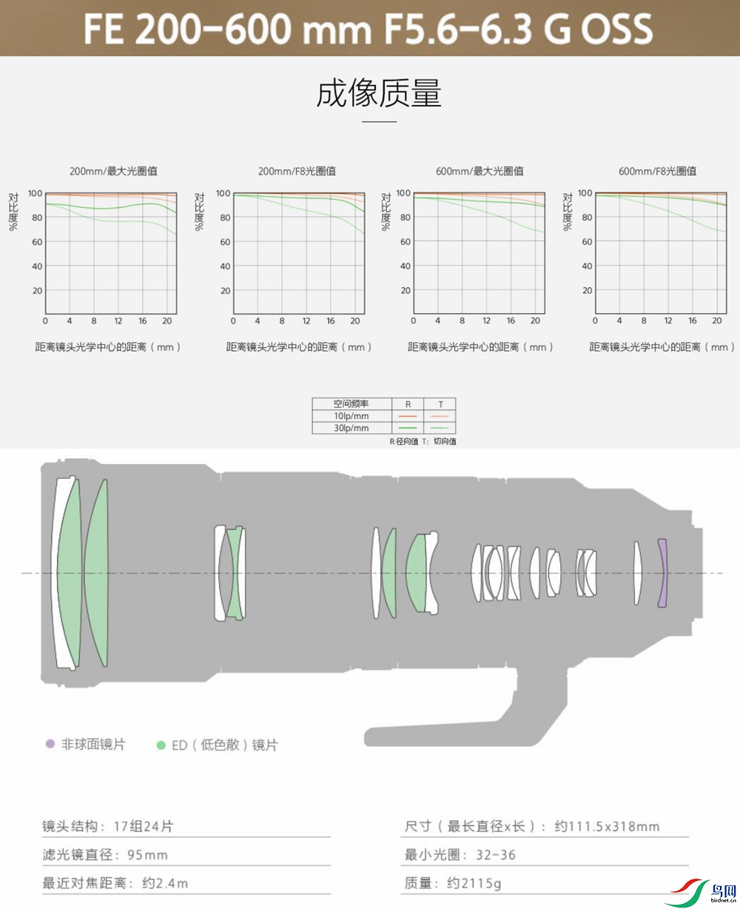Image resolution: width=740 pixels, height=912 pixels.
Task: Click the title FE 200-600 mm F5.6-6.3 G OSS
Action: point(369,29)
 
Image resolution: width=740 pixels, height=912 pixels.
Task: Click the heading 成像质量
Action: point(379,94)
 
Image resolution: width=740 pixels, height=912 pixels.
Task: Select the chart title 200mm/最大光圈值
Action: point(113,171)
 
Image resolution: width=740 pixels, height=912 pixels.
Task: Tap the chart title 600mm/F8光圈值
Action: point(657,171)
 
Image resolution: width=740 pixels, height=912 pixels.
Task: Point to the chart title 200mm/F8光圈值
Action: point(297,171)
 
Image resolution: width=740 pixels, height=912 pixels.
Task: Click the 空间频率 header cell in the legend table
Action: point(351,404)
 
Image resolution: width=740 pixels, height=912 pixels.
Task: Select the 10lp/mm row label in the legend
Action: point(351,416)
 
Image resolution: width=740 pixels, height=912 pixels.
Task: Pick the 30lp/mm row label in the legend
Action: point(351,428)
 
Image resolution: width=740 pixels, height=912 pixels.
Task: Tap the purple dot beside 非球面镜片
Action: point(50,744)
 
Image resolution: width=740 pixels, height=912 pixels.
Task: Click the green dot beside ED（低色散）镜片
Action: point(161,745)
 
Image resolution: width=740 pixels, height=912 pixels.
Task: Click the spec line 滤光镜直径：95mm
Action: point(105,855)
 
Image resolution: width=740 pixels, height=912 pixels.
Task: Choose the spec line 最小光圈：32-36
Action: point(460,855)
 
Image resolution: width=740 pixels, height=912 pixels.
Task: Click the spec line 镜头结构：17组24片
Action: point(107,826)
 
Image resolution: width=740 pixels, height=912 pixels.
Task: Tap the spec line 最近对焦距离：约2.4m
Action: point(115,883)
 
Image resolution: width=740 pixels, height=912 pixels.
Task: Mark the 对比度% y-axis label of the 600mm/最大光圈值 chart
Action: point(384,211)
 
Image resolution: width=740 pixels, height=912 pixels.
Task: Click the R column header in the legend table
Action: point(408,404)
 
